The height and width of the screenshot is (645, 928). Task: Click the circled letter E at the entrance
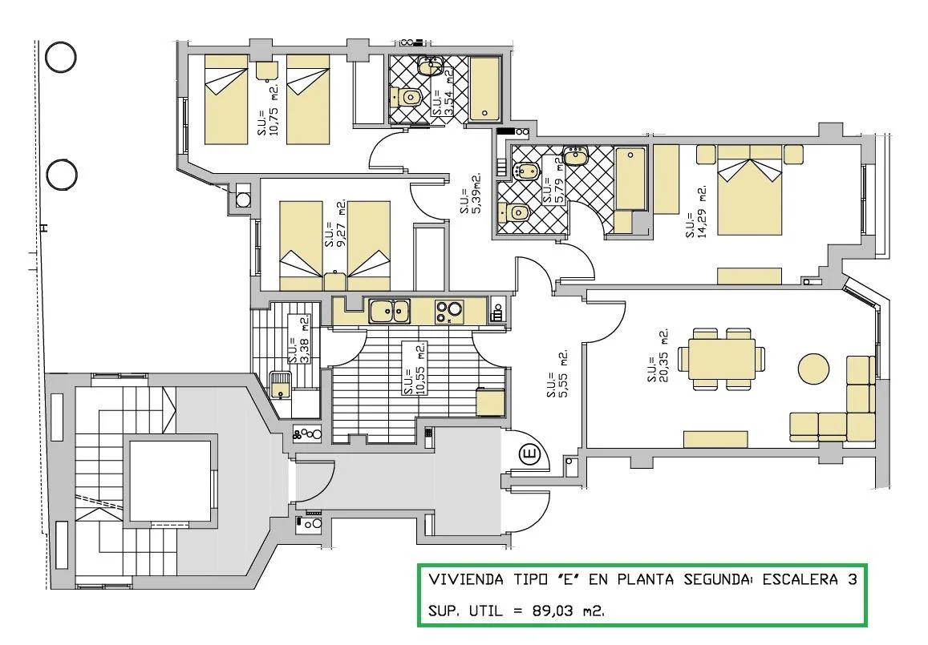[x=529, y=455]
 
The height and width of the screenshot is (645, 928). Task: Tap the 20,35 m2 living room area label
[x=658, y=355]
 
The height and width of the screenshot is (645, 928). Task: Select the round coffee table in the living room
[x=814, y=369]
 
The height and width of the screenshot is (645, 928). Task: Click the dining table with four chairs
[x=721, y=358]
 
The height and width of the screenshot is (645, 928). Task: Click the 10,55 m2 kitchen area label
[x=414, y=369]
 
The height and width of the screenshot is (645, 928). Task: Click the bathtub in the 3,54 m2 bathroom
[x=484, y=89]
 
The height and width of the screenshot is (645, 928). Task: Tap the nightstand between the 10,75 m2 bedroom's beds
[x=267, y=71]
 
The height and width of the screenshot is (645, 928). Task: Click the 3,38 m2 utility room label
[x=299, y=340]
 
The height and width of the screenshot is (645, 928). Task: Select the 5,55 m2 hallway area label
[x=557, y=373]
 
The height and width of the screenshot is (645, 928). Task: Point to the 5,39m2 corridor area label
[x=471, y=193]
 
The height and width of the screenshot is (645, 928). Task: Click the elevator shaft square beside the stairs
[x=170, y=481]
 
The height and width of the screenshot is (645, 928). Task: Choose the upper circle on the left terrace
[x=60, y=58]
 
